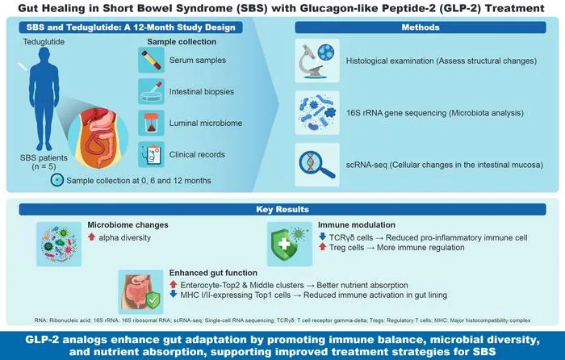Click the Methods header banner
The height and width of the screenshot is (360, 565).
[x=421, y=27]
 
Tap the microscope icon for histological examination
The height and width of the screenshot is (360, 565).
[x=316, y=61]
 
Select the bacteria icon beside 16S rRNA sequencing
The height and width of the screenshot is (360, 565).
[x=316, y=113]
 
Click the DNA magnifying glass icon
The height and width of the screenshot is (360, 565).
[x=316, y=165]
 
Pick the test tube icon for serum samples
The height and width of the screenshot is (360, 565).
[x=152, y=61]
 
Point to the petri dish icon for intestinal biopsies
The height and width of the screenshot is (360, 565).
[x=152, y=91]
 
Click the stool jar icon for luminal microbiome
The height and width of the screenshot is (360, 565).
[x=152, y=123]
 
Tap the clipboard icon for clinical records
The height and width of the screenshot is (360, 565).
[x=152, y=154]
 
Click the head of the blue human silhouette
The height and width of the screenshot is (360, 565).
[x=44, y=56]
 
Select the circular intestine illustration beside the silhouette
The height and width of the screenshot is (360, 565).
[x=98, y=138]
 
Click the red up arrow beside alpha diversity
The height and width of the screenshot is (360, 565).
[x=91, y=237]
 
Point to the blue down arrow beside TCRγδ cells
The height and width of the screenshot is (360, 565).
[x=323, y=237]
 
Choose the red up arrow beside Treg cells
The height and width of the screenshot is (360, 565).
[x=323, y=247]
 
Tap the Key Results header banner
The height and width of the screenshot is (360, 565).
[x=282, y=209]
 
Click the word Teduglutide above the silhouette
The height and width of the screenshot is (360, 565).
[x=44, y=42]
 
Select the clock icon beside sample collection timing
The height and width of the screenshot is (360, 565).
[x=57, y=180]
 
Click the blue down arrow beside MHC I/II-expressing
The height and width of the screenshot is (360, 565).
[x=174, y=294]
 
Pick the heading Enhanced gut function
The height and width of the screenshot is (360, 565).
[x=213, y=273]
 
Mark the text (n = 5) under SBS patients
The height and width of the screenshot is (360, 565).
[x=44, y=167]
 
